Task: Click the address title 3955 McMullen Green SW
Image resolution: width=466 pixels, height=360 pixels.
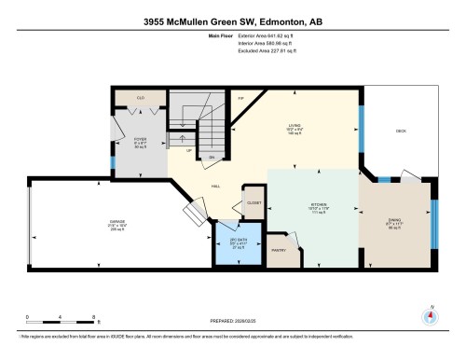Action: [232, 20]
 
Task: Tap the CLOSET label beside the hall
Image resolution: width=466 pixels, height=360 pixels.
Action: [254, 202]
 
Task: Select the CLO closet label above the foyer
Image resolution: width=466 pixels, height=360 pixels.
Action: [141, 97]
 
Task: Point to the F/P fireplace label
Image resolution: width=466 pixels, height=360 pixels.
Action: [240, 97]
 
